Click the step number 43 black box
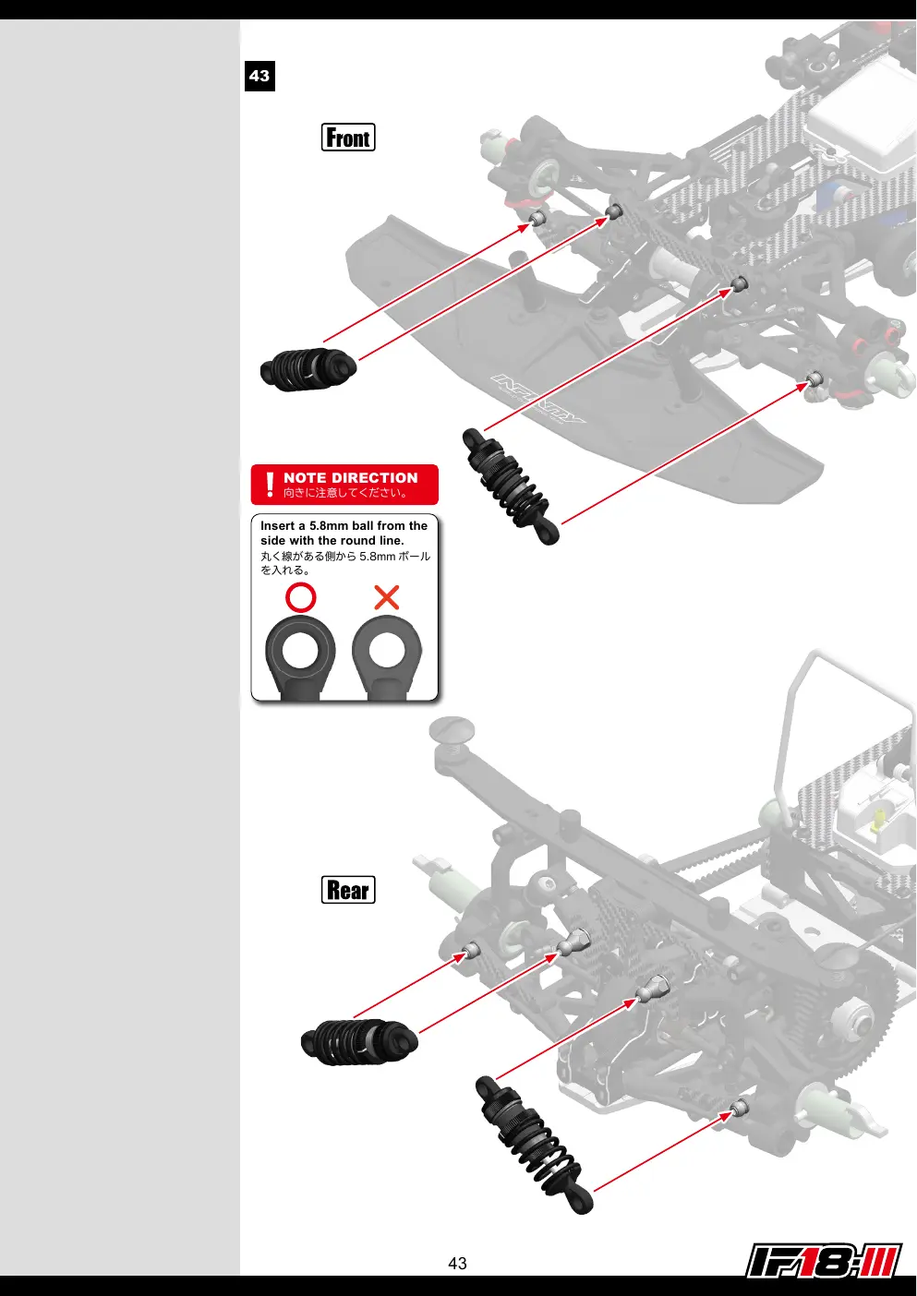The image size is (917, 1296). (x=259, y=76)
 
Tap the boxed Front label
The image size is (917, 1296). (x=348, y=138)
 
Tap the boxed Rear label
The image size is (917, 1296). (x=348, y=889)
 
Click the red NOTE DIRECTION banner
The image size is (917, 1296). (x=344, y=485)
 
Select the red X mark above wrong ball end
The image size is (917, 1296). (x=387, y=597)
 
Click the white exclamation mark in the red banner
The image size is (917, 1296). (x=270, y=485)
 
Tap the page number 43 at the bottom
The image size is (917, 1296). (x=457, y=1263)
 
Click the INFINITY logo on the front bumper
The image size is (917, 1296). (x=538, y=399)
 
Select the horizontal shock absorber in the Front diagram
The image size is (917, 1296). (x=308, y=368)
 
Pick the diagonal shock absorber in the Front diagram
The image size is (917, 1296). (x=511, y=486)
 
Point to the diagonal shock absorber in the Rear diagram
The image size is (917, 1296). (x=534, y=1146)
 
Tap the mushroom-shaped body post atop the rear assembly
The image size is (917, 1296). (x=452, y=733)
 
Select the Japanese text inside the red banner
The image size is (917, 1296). (x=345, y=493)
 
